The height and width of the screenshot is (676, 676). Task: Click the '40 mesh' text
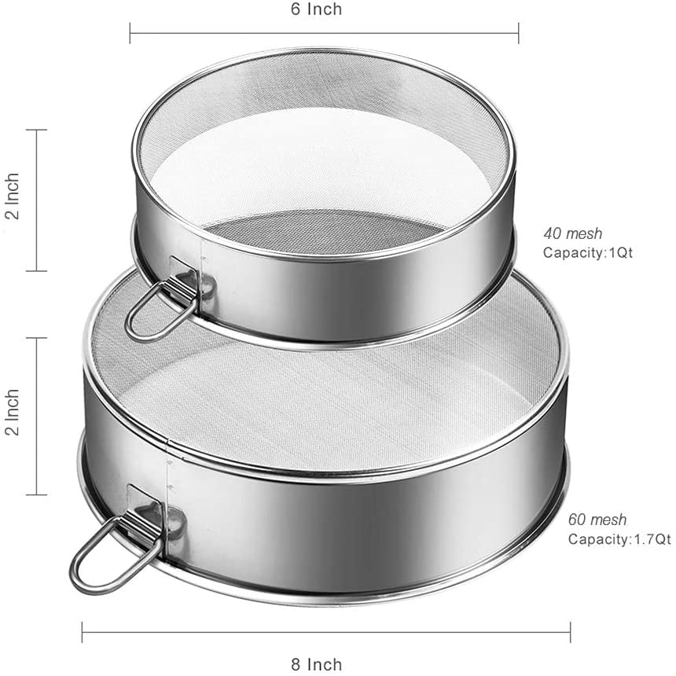point(572,233)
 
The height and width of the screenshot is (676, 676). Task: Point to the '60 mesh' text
point(597,520)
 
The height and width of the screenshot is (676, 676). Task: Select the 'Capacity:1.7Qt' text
point(619,539)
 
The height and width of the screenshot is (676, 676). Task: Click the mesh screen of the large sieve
point(330,393)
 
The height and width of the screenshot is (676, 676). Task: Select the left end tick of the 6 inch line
point(130,32)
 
